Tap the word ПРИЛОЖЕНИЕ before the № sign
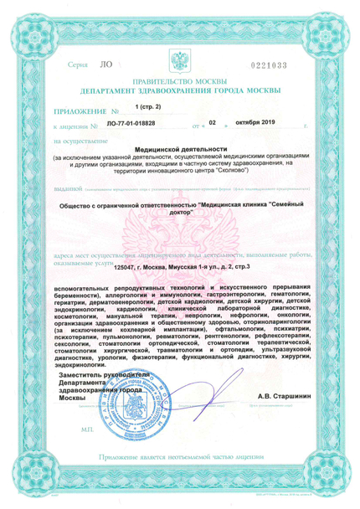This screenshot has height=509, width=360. click(x=76, y=111)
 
